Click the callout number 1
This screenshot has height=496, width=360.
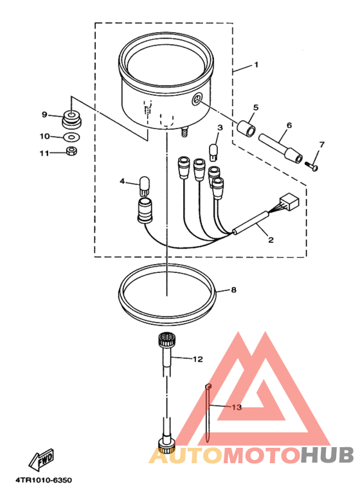(256, 64)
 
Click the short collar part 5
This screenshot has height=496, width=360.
(246, 129)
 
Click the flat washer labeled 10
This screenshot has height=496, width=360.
(71, 137)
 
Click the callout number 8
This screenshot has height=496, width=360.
(233, 290)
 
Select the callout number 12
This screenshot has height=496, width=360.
(197, 359)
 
